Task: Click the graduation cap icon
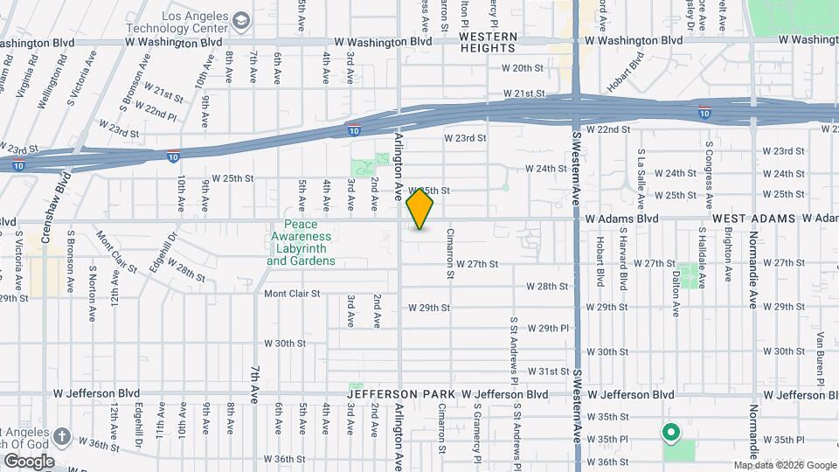tap(240, 18)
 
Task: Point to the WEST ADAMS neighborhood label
tap(754, 218)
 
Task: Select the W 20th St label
tap(523, 68)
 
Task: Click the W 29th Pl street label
tap(549, 329)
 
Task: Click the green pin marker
tap(671, 432)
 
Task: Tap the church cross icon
tap(62, 436)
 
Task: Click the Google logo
tap(28, 461)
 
